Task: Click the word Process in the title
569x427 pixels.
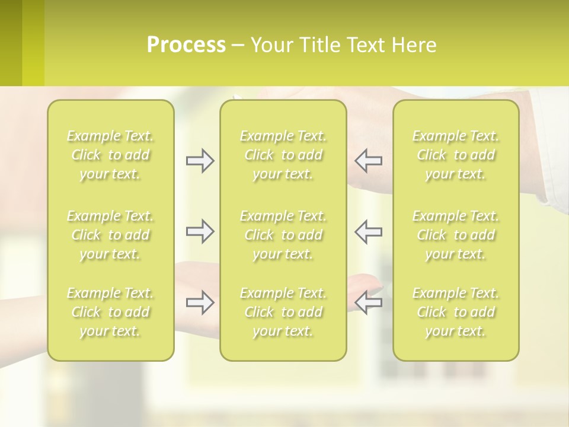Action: (186, 45)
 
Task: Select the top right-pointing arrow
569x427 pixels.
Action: (200, 161)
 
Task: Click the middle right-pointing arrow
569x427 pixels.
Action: (200, 231)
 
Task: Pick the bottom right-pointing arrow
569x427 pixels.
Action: (200, 302)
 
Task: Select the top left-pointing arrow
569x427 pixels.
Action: (368, 161)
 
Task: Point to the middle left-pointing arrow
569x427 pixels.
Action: (368, 231)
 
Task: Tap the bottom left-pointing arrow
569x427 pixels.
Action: (368, 302)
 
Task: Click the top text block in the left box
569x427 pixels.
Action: (110, 155)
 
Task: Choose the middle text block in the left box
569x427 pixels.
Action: (110, 235)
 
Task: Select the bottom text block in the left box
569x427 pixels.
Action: (110, 312)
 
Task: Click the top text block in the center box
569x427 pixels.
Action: (283, 155)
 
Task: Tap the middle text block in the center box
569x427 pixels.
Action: (283, 235)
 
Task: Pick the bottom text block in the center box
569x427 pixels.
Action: (283, 312)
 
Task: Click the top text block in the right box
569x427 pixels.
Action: (456, 155)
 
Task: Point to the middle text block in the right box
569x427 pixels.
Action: (456, 235)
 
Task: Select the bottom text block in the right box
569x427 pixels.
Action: (456, 312)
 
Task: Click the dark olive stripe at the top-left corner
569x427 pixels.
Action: (11, 43)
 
